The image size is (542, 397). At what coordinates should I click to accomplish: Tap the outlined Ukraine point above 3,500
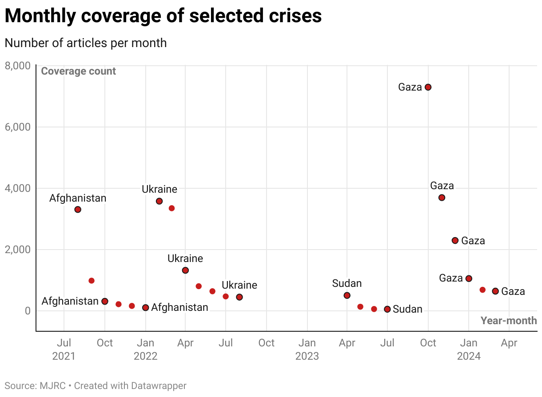coord(159,201)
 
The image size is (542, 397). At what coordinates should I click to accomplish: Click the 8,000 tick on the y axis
coord(18,66)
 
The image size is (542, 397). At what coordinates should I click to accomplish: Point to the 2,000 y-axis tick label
coord(18,250)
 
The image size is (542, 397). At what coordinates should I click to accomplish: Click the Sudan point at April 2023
coord(347,295)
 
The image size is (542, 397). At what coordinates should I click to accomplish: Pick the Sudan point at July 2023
coord(387,309)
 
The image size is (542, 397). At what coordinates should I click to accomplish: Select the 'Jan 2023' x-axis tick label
coord(307,349)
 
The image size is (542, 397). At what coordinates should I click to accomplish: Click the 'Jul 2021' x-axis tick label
coord(64,349)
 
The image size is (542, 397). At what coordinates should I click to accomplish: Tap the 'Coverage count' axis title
coord(78,71)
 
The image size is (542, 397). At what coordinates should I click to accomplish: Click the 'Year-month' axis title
coord(509,321)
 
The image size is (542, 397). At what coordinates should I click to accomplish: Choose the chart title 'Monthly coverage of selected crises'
coord(163,16)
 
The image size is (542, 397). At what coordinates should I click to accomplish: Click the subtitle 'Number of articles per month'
coord(85,43)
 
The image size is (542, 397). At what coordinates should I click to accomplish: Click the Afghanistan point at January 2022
coord(145,308)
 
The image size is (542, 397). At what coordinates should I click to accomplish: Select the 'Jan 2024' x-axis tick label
coord(468,349)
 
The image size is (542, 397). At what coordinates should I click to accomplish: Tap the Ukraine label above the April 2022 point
coord(185,258)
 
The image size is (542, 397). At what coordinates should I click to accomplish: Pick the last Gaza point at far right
coord(495,291)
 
